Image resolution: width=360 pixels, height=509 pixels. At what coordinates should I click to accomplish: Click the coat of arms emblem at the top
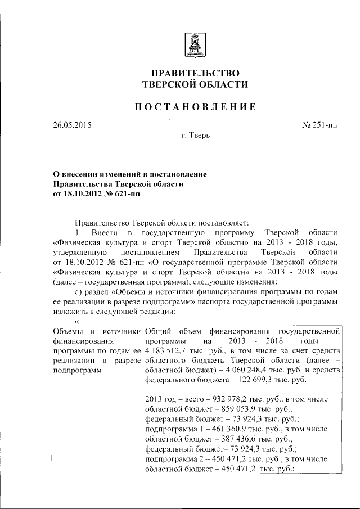click(x=195, y=43)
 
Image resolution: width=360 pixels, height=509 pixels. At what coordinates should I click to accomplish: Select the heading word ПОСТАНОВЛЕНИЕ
click(x=195, y=107)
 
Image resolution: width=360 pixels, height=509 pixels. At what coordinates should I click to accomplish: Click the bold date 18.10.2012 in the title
click(x=83, y=194)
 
